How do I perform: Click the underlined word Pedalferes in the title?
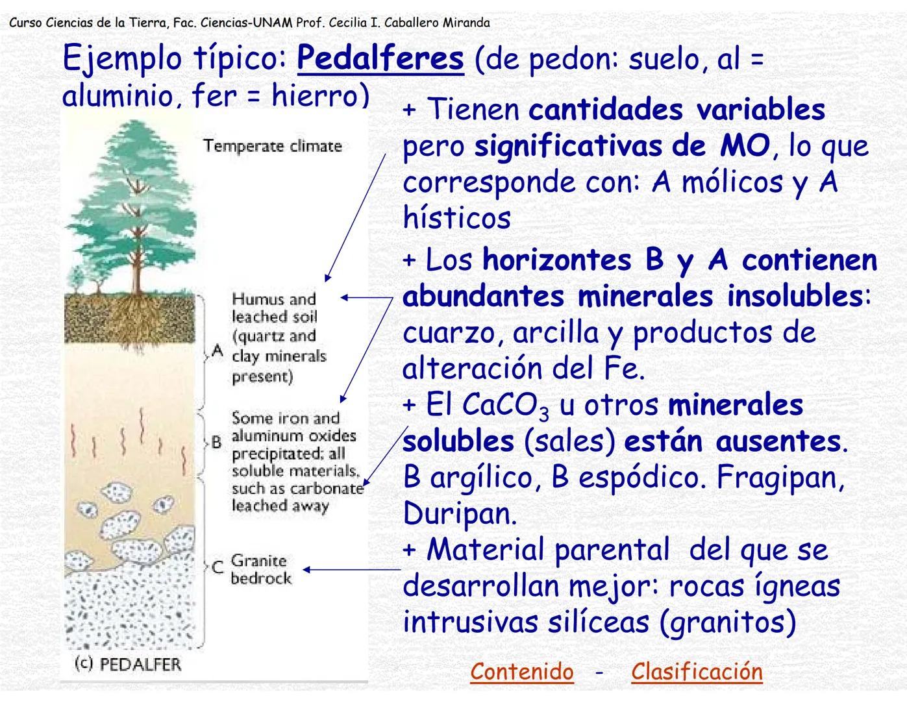point(380,59)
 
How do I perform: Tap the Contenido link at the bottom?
point(522,671)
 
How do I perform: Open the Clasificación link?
point(697,671)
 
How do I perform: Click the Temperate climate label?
point(272,146)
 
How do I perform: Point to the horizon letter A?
point(217,351)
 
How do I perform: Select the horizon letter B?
point(217,443)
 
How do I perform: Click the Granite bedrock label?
point(261,569)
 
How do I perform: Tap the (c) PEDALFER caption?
point(128,664)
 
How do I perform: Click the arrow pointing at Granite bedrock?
point(351,570)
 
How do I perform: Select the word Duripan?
point(460,514)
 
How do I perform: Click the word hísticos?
point(456,218)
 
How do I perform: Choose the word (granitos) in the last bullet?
point(728,622)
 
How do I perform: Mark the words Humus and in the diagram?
point(273,299)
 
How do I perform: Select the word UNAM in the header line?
point(272,23)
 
